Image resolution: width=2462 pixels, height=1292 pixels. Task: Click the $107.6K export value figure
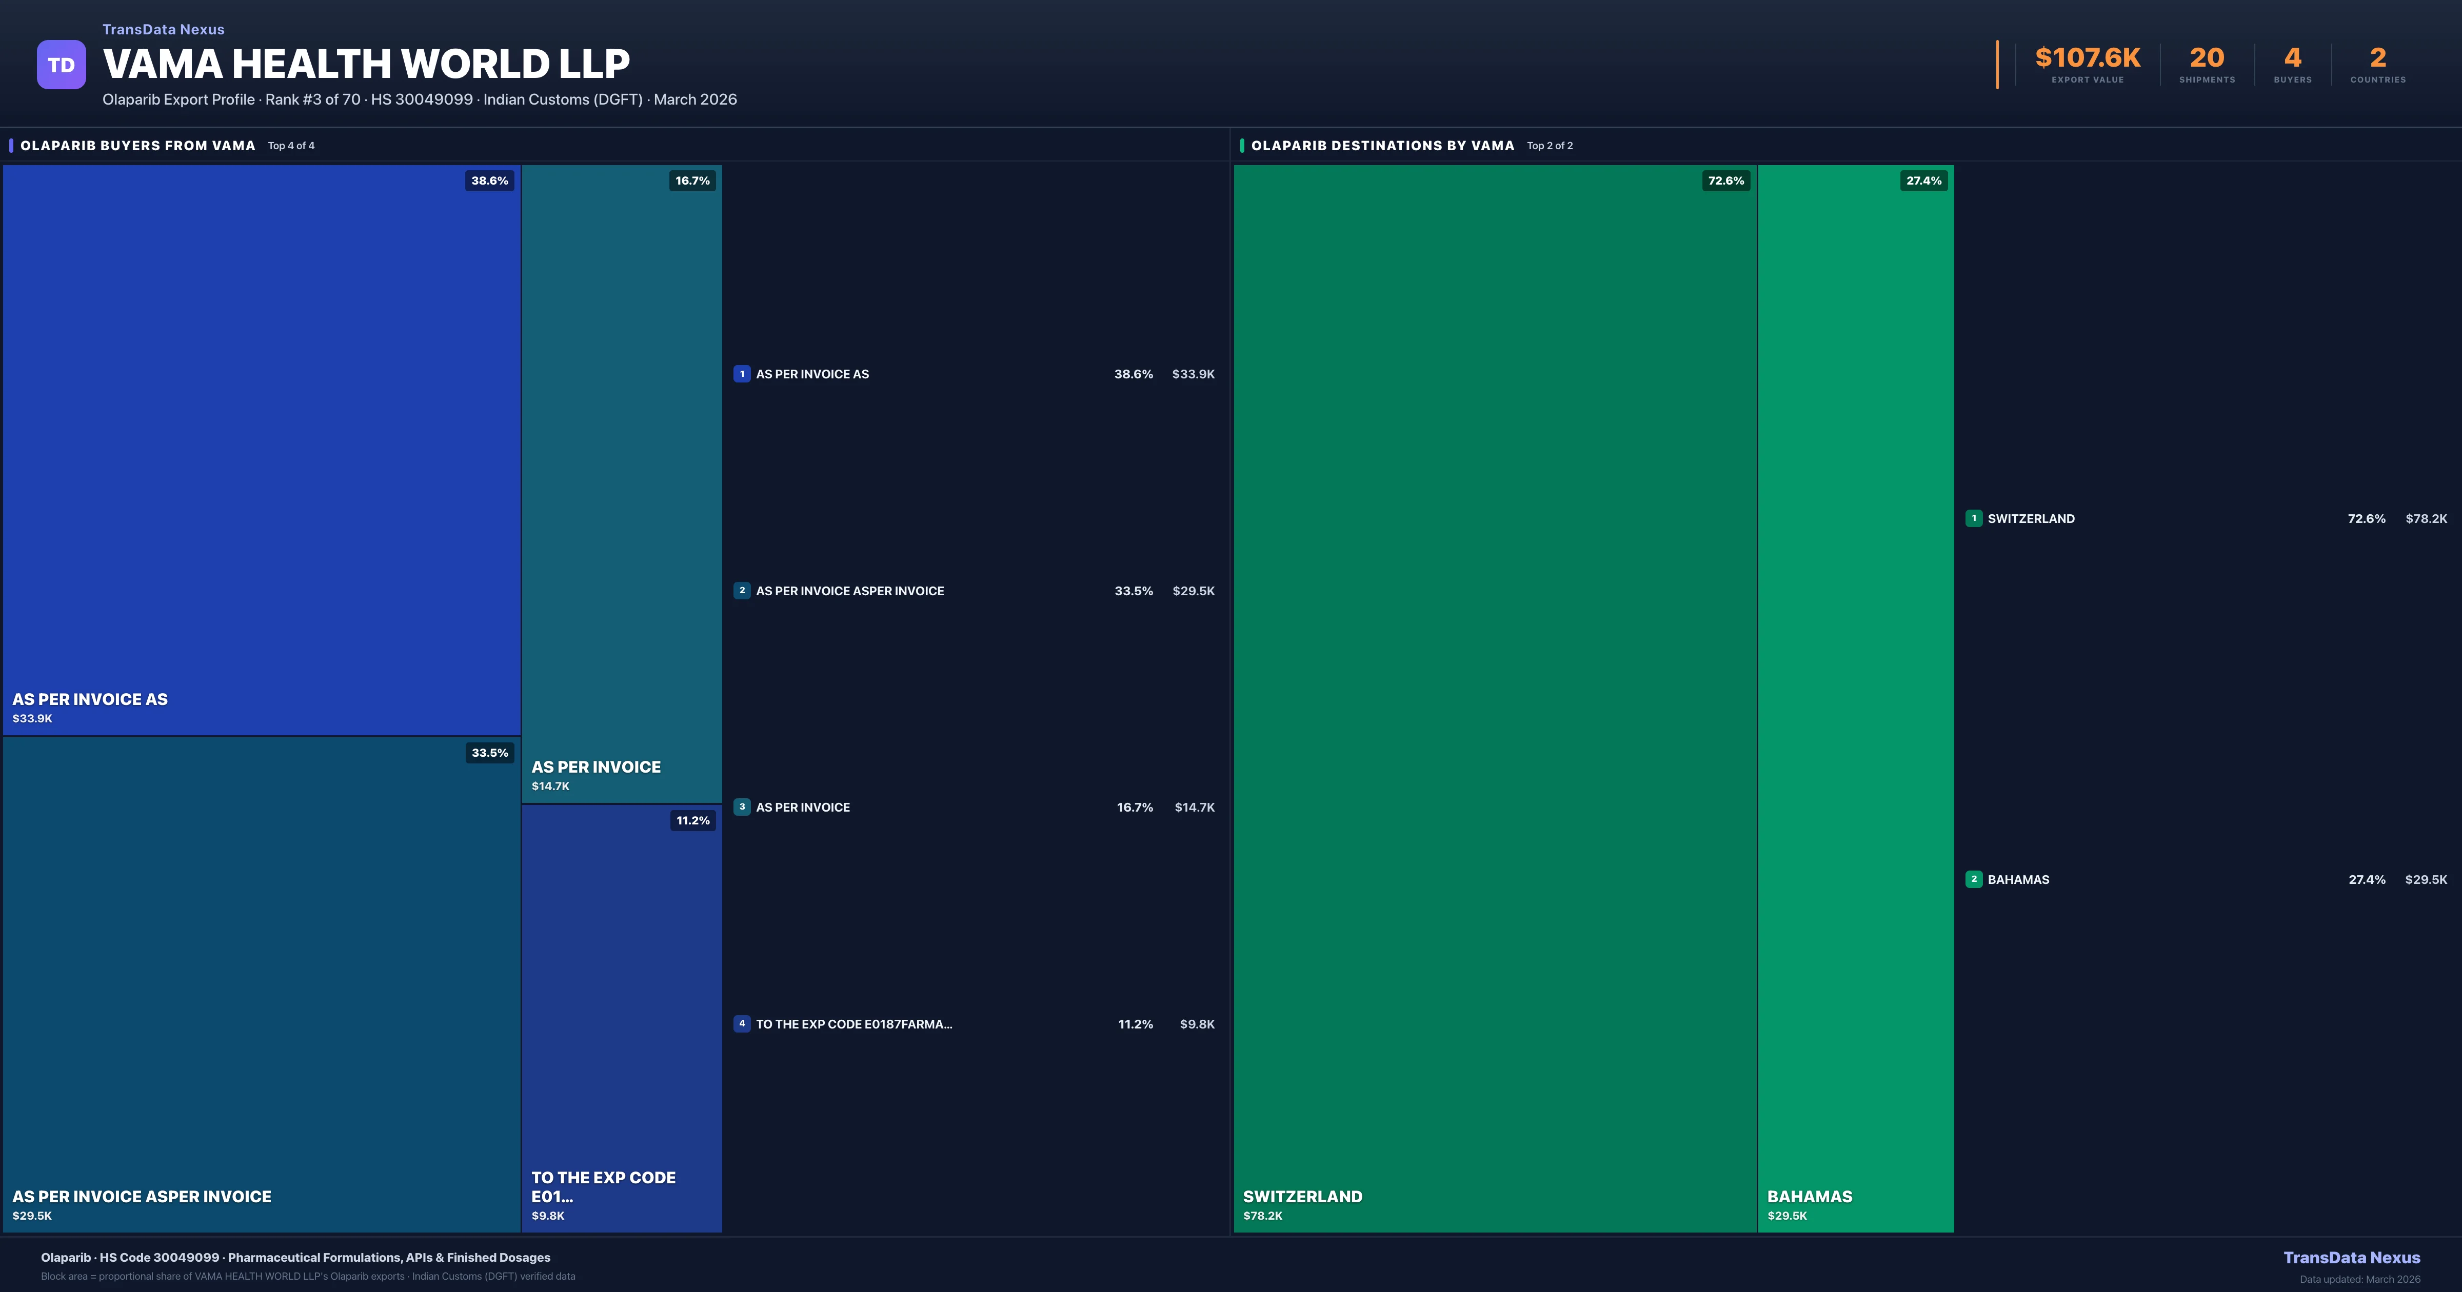click(2088, 58)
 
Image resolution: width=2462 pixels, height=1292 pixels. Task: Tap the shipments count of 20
click(2207, 58)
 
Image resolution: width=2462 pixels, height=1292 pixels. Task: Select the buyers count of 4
click(2292, 58)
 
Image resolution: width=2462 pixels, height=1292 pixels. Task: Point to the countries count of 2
click(2378, 58)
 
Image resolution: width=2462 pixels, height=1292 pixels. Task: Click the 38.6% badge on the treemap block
click(489, 180)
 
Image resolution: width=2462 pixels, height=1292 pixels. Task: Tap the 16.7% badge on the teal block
click(692, 180)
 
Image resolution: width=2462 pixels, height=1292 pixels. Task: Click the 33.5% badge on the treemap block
click(489, 753)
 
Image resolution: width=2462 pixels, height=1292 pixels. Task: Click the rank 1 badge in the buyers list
click(742, 374)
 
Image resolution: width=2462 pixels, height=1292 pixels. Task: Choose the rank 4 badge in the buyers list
click(742, 1023)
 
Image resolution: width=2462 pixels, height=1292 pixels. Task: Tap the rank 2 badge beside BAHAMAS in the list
click(1974, 879)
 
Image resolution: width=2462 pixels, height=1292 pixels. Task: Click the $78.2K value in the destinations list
click(2426, 519)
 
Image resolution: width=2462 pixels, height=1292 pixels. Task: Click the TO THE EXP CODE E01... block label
click(603, 1187)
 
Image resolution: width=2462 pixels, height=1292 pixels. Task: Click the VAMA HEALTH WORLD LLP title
click(366, 64)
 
